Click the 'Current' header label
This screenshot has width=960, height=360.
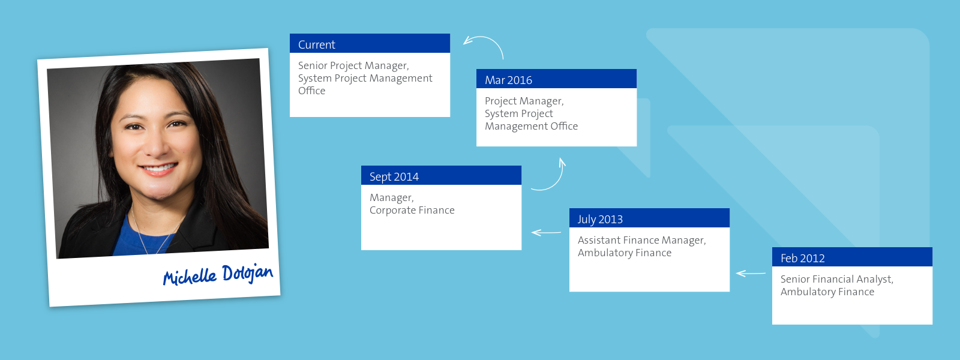click(316, 44)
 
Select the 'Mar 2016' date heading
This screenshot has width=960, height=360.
click(508, 80)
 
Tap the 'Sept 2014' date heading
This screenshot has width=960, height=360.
click(394, 177)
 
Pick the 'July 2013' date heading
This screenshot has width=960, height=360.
click(600, 220)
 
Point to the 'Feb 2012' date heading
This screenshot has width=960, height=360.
click(802, 259)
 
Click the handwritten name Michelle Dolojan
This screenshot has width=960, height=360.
click(218, 275)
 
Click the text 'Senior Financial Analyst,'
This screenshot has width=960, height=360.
click(836, 280)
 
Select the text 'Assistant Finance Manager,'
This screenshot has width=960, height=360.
click(641, 241)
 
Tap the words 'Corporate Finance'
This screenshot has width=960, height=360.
click(412, 211)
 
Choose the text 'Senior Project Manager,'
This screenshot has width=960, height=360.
click(353, 66)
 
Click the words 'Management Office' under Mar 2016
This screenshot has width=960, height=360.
click(531, 127)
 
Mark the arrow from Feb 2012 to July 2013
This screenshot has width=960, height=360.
click(751, 274)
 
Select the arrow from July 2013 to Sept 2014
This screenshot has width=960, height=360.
click(546, 233)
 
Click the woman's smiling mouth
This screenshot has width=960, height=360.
click(158, 169)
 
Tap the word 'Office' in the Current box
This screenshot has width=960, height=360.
click(311, 91)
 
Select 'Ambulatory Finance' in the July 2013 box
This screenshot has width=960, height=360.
click(625, 253)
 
